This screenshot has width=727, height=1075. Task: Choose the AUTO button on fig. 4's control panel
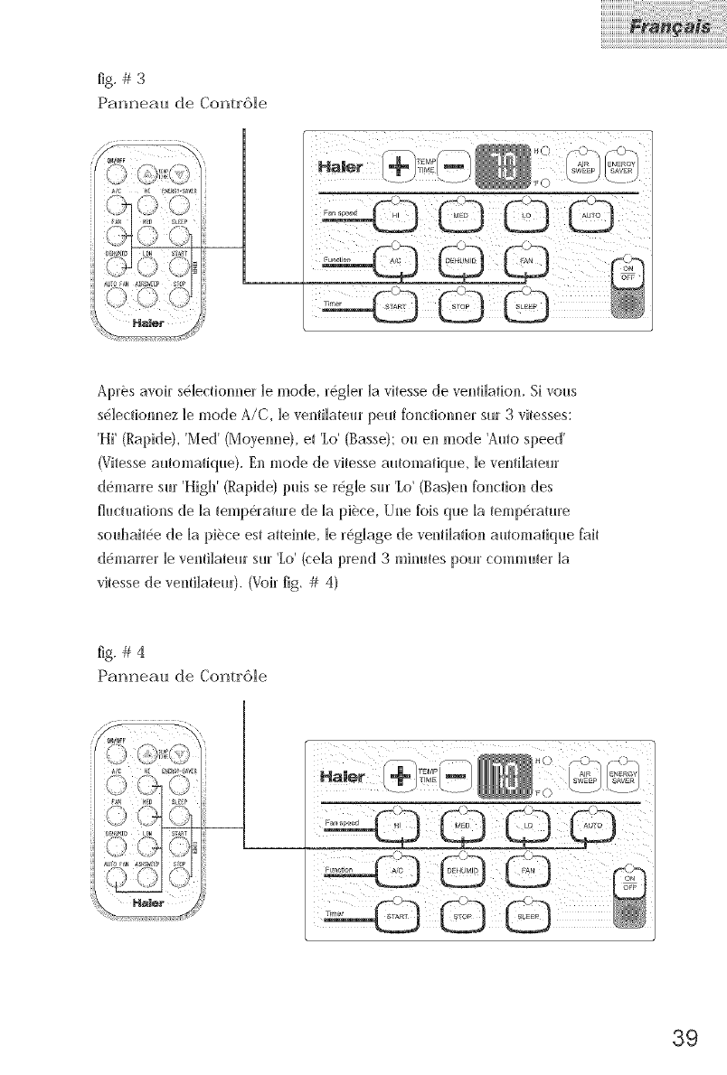click(592, 827)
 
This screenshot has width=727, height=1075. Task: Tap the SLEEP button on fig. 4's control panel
click(528, 914)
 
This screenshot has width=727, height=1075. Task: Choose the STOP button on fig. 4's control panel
click(462, 914)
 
